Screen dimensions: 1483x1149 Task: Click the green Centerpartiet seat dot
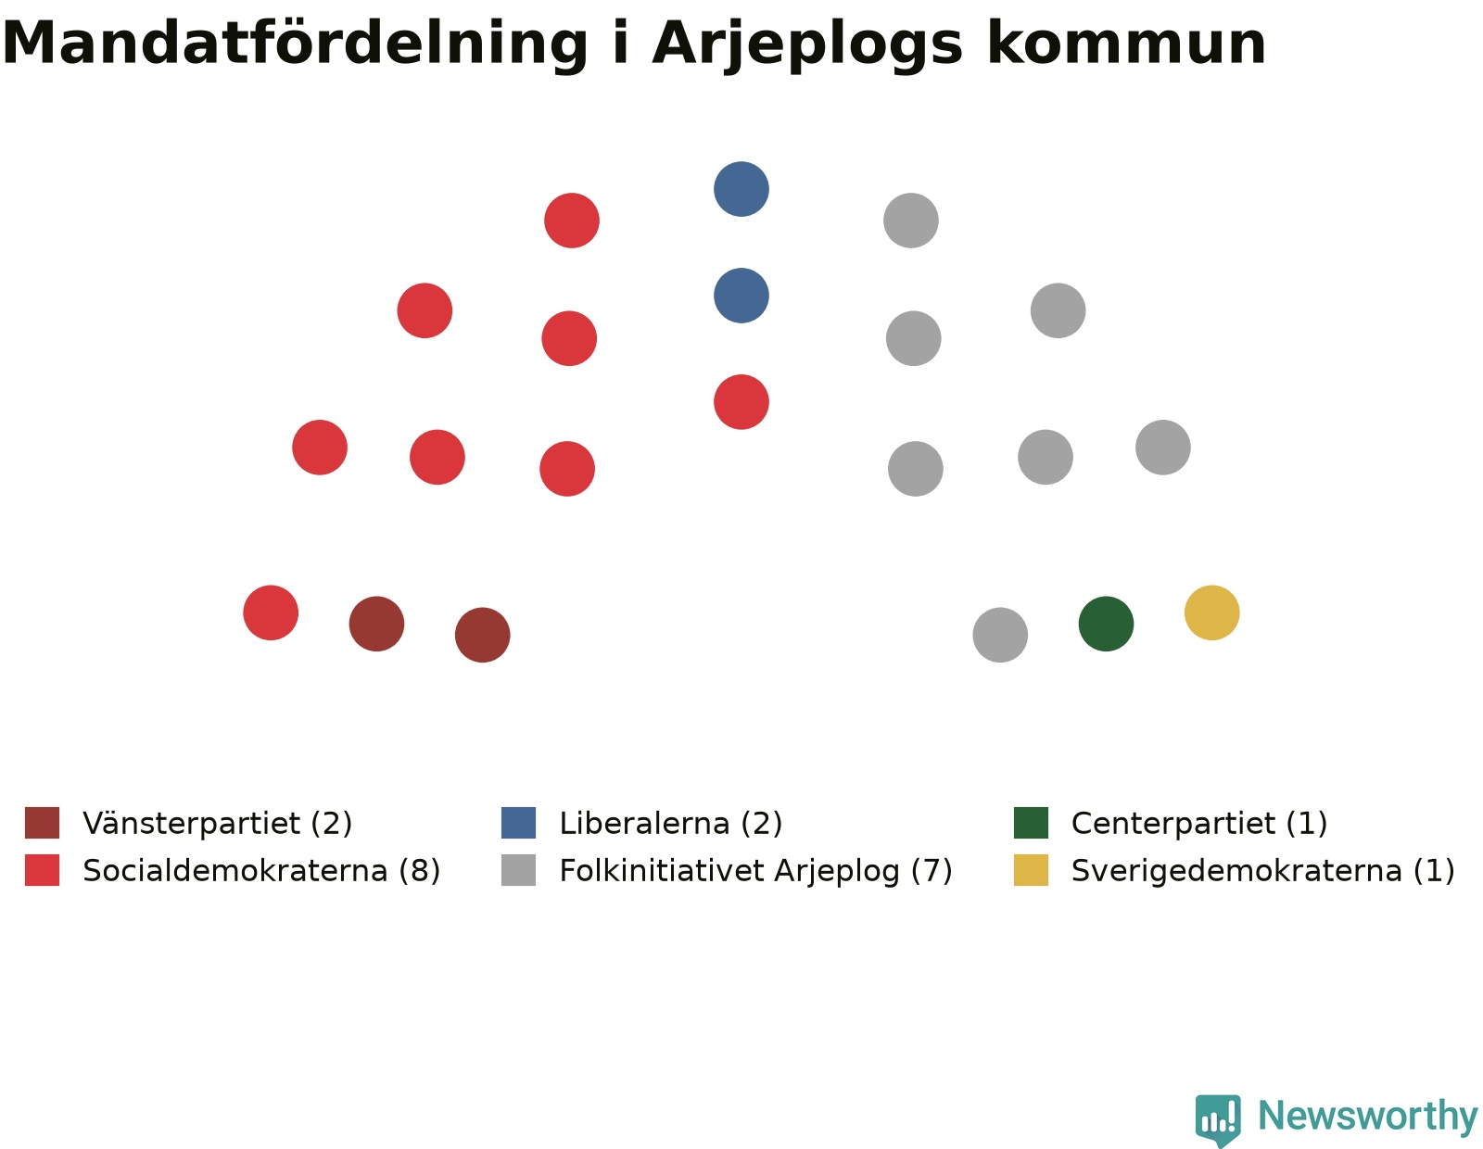[1106, 624]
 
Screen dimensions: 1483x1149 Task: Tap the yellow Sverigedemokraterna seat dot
[1211, 612]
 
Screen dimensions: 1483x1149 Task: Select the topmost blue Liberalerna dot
[741, 189]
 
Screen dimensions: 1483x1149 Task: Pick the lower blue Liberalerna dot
[741, 296]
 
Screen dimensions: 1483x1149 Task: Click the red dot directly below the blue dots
[741, 402]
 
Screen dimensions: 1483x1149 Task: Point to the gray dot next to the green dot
[1000, 635]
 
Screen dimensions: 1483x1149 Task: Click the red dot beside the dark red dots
[271, 612]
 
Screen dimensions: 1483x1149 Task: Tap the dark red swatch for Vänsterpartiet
[43, 823]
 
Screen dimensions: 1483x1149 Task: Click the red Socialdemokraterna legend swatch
[43, 870]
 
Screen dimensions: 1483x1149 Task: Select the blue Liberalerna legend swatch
[519, 823]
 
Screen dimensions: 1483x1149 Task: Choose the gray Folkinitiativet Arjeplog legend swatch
[519, 870]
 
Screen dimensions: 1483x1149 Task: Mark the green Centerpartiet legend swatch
[1032, 823]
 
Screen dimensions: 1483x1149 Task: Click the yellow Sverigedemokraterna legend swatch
[1032, 870]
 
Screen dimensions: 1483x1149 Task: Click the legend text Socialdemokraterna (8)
[261, 871]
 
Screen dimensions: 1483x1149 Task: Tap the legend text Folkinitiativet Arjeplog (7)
[755, 871]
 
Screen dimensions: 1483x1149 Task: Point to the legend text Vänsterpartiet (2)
[218, 824]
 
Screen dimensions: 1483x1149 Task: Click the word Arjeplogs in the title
[807, 45]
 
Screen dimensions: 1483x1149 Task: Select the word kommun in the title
[1127, 44]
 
